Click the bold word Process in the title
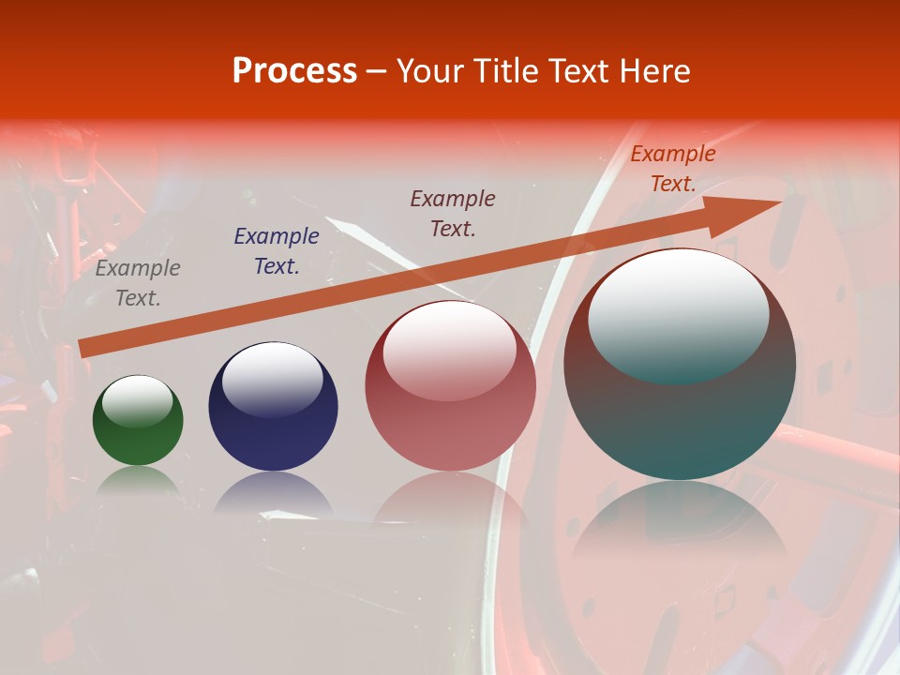294,71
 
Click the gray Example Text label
138,283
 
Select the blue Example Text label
277,251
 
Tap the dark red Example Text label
453,213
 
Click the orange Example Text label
673,169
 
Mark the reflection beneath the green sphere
138,480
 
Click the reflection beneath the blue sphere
273,493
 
